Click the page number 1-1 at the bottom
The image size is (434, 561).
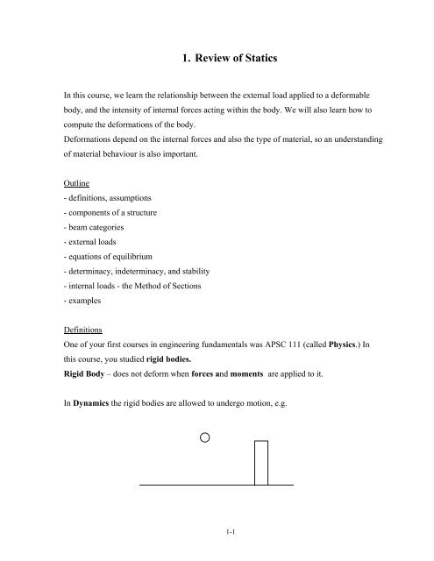tap(216, 532)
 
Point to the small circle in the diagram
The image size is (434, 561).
tap(204, 437)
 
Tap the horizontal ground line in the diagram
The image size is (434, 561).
tap(175, 484)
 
